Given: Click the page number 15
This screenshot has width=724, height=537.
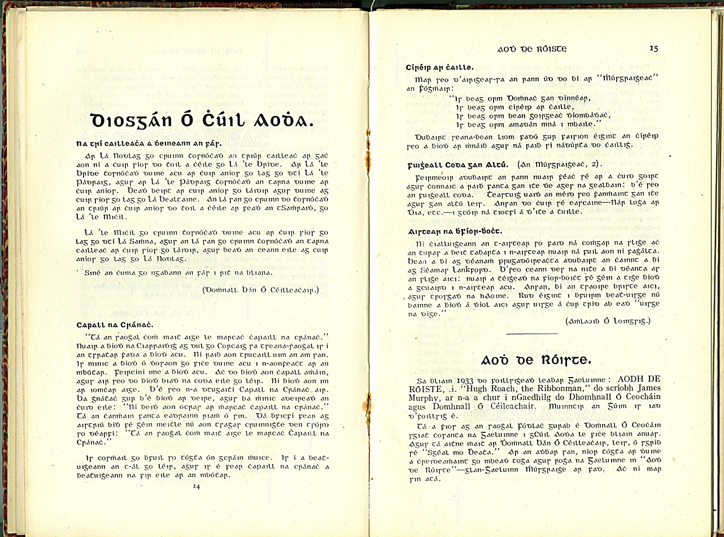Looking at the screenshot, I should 653,49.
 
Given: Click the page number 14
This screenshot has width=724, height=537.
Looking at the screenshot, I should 196,486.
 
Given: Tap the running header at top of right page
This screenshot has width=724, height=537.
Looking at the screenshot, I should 531,49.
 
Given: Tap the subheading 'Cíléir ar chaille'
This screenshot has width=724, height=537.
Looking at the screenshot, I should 439,67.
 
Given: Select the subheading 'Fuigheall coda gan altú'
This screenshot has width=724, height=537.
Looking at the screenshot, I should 454,164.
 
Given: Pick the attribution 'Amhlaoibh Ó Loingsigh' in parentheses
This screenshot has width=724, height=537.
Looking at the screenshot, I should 608,321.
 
